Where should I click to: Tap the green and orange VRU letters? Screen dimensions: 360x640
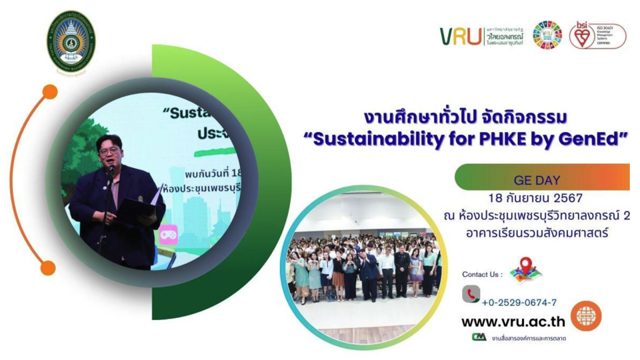point(460,36)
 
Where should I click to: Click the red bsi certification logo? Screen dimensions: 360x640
point(582,36)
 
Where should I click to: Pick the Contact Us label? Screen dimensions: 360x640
point(482,274)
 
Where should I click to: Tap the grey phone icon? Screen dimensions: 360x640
point(471,294)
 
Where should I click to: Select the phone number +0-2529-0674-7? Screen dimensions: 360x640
point(519,302)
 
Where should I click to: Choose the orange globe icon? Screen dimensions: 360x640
point(586,316)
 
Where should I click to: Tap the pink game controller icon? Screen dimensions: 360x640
point(168,235)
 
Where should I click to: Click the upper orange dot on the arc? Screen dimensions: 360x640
point(49,92)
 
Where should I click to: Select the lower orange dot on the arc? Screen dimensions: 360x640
point(48,268)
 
